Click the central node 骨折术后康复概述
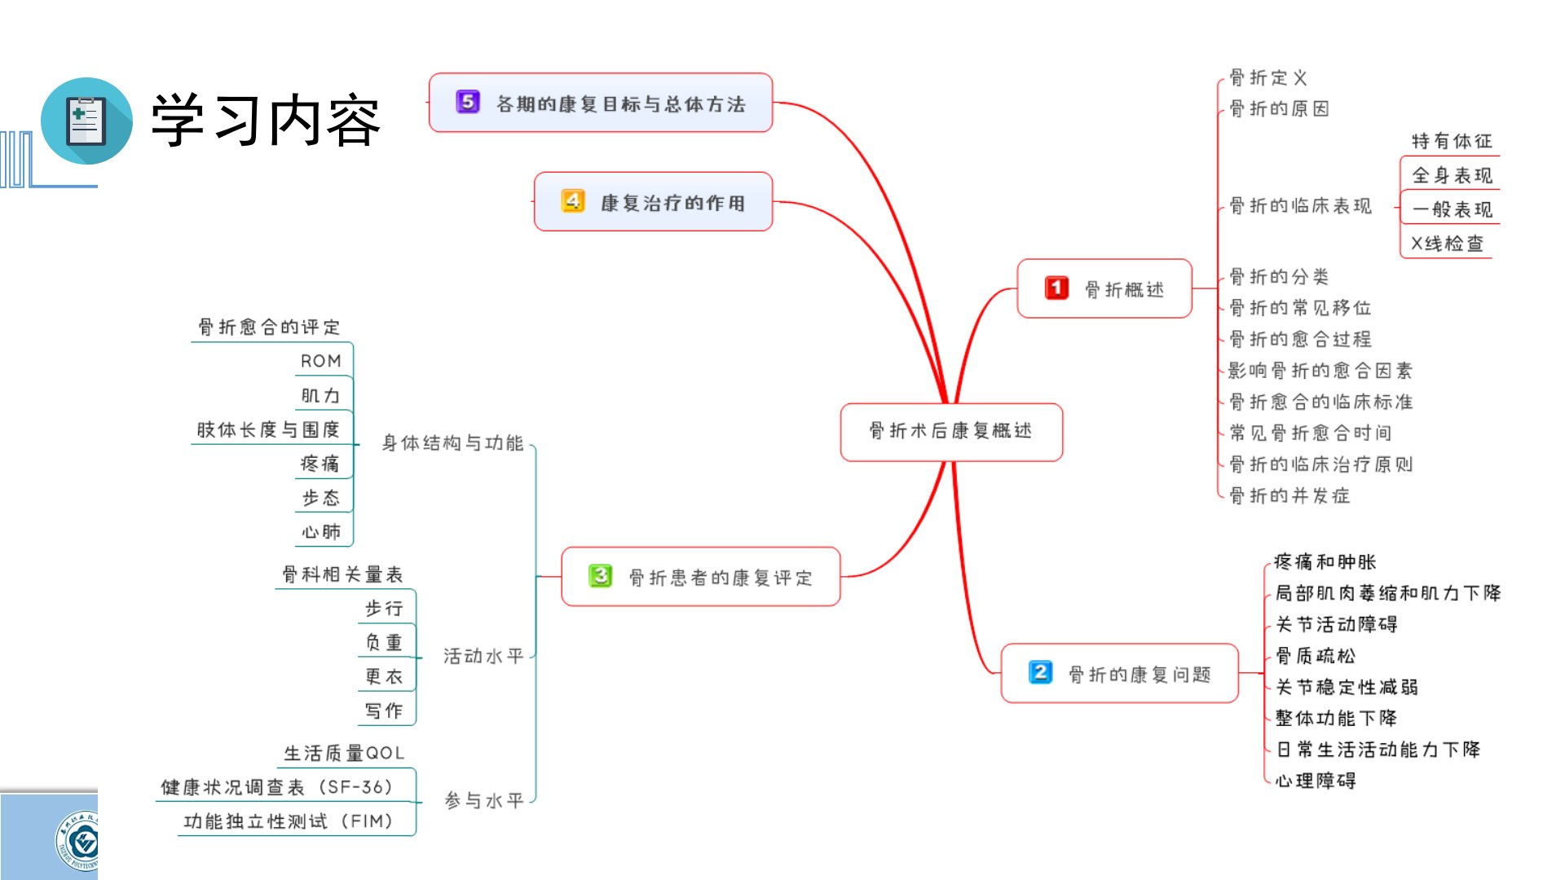[x=950, y=431]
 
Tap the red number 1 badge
[x=1056, y=288]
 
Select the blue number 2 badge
[x=1040, y=672]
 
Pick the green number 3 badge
[x=601, y=576]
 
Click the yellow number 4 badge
[x=573, y=200]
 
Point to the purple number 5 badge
[x=468, y=102]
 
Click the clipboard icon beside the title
[x=86, y=121]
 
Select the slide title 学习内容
[x=266, y=121]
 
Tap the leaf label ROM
[x=320, y=361]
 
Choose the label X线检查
[x=1447, y=244]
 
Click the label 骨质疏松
[x=1316, y=656]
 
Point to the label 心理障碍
[x=1316, y=781]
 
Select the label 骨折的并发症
[x=1289, y=495]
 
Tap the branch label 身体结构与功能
[x=452, y=443]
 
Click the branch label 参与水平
[x=483, y=801]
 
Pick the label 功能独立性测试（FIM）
[x=289, y=821]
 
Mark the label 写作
[x=384, y=711]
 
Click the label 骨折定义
[x=1268, y=78]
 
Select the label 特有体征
[x=1452, y=142]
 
